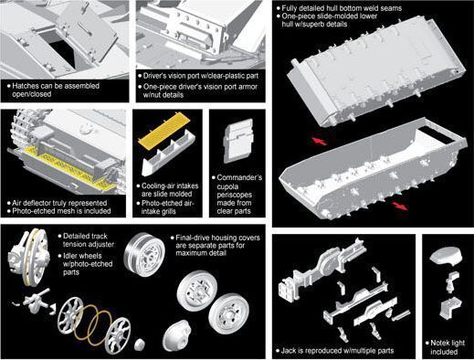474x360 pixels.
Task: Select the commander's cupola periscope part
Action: pos(238,141)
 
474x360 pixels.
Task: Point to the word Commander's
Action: pos(239,177)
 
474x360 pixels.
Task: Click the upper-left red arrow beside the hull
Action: pos(319,141)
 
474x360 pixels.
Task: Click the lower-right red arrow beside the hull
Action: pos(400,206)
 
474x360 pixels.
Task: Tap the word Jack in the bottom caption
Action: pos(288,351)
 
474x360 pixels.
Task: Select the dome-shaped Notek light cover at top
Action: pos(446,256)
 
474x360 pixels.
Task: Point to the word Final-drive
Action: pos(193,238)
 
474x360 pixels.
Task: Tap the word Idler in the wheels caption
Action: pos(72,256)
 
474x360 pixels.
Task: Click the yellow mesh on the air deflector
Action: pos(66,166)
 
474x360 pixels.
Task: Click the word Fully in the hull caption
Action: pos(290,8)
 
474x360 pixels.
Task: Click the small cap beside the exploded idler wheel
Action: pos(141,344)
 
